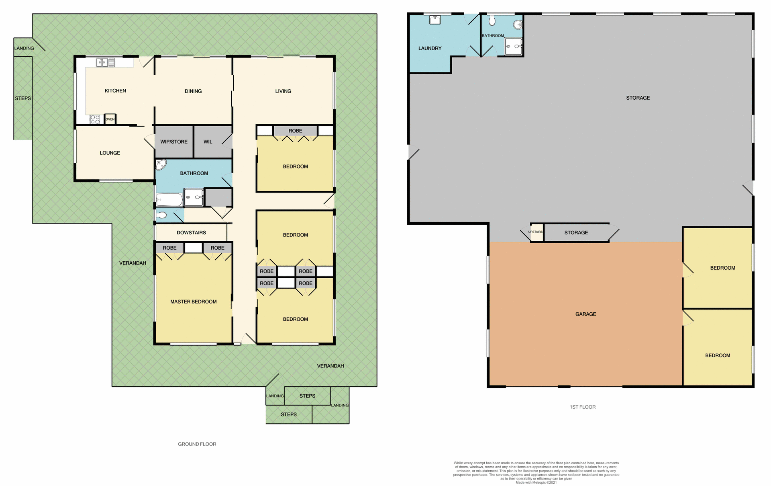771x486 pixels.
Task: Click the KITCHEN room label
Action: pyautogui.click(x=115, y=91)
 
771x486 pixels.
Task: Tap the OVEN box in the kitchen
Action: pyautogui.click(x=110, y=119)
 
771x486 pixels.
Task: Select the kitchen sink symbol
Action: pyautogui.click(x=102, y=62)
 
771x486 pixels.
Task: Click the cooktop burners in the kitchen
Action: pyautogui.click(x=95, y=119)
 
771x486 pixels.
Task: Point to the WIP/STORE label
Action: pyautogui.click(x=174, y=142)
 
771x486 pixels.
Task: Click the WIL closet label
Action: pyautogui.click(x=208, y=142)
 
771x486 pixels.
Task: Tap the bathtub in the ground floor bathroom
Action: pyautogui.click(x=169, y=199)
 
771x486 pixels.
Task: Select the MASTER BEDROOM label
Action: pyautogui.click(x=193, y=302)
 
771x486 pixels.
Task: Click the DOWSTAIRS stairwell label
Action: pyautogui.click(x=191, y=233)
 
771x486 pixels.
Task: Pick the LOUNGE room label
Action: pyautogui.click(x=110, y=153)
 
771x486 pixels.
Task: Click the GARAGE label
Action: pyautogui.click(x=585, y=314)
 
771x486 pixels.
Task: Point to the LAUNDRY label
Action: pyautogui.click(x=430, y=48)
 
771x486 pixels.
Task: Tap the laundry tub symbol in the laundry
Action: pyautogui.click(x=435, y=20)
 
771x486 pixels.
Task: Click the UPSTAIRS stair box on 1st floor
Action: pyautogui.click(x=536, y=232)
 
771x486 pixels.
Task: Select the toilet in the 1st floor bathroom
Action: pyautogui.click(x=492, y=21)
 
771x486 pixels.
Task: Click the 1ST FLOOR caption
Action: pyautogui.click(x=582, y=407)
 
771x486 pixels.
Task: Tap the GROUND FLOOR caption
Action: pyautogui.click(x=197, y=444)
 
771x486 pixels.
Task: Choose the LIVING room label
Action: pyautogui.click(x=283, y=91)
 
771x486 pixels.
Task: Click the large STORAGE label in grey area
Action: pyautogui.click(x=638, y=98)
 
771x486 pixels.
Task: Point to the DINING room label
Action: pyautogui.click(x=193, y=91)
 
